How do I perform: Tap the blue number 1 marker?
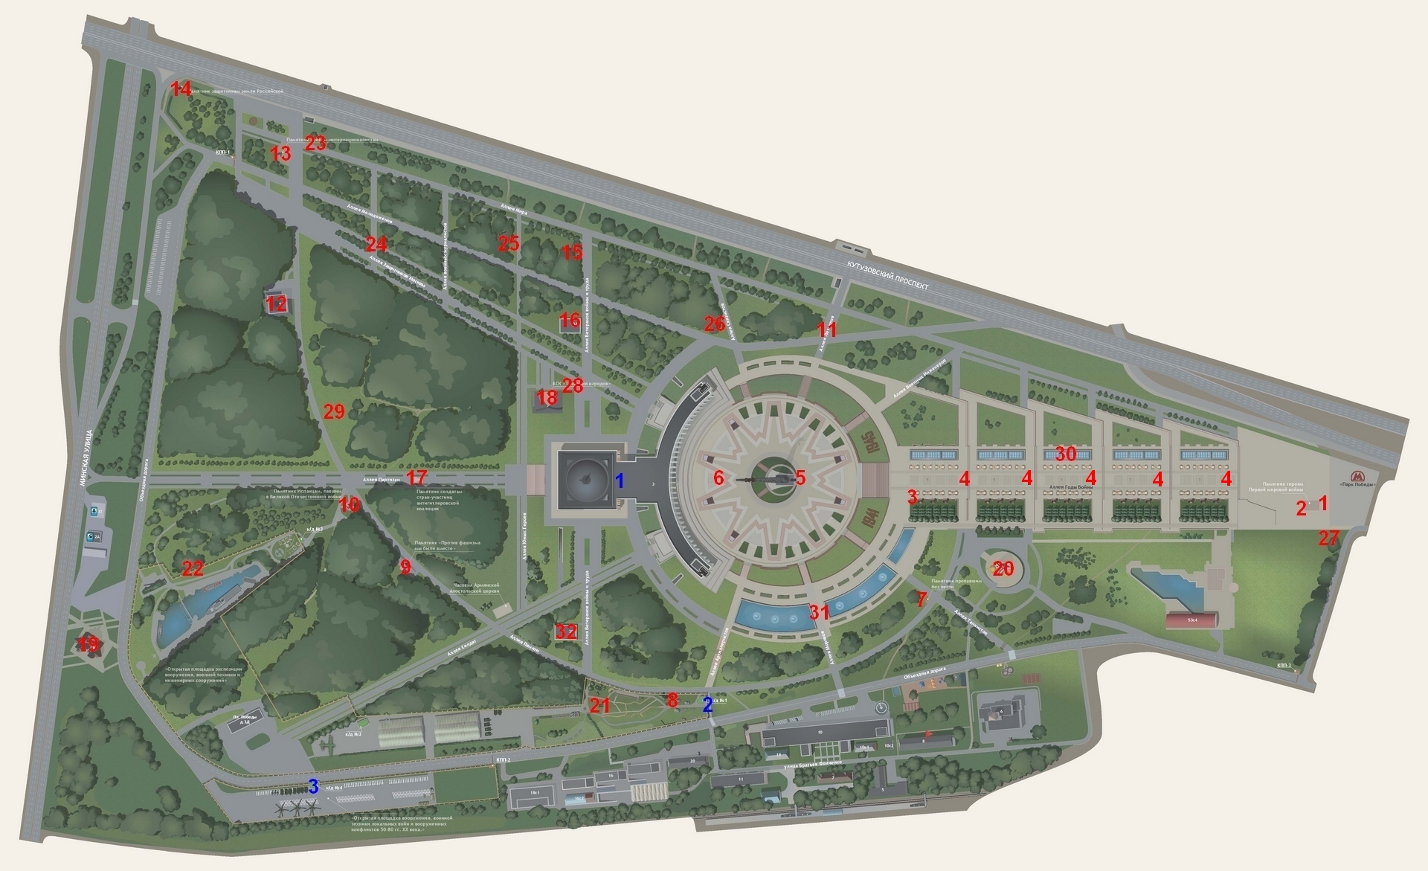coord(619,481)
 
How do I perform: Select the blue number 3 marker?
coord(313,786)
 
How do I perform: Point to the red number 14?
coord(181,89)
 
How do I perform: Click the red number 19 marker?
coord(89,644)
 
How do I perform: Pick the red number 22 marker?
coord(193,569)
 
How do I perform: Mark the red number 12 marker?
coord(276,303)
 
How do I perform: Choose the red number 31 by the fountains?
coord(819,613)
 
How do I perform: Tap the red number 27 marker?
coord(1328,539)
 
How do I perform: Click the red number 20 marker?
coord(1003,569)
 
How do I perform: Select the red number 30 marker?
coord(1066,454)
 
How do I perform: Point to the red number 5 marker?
coord(800,478)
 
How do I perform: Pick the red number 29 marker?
coord(334,411)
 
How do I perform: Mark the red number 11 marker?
coord(827,330)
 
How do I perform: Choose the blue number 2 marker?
coord(707,705)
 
